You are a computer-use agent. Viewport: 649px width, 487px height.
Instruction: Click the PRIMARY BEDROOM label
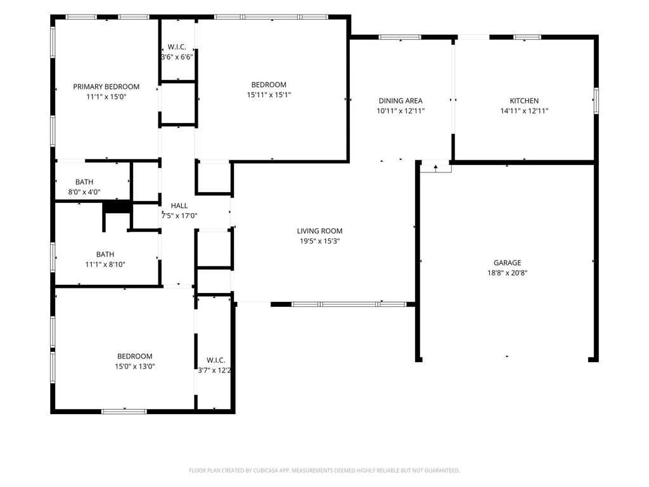tap(106, 86)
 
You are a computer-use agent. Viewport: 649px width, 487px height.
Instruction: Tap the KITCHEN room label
tap(524, 101)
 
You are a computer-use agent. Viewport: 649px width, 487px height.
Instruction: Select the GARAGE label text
tap(507, 263)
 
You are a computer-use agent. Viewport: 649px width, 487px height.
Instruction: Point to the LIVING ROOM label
tap(319, 231)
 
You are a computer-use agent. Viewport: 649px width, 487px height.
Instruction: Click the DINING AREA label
tap(401, 101)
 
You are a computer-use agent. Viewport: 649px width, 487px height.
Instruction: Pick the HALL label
tap(179, 205)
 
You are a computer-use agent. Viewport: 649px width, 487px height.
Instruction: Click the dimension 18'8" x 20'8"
tap(507, 273)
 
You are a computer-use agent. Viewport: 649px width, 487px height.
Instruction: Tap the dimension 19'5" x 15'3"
tap(319, 241)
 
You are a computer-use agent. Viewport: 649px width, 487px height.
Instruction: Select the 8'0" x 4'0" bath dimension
tap(84, 192)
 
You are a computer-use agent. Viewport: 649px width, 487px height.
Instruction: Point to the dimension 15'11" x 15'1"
tap(269, 95)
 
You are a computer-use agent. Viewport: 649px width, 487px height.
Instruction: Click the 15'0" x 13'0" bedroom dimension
tap(134, 367)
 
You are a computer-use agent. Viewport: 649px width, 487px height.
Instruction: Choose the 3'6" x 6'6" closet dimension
tap(177, 57)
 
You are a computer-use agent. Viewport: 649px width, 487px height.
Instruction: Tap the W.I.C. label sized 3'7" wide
tap(215, 360)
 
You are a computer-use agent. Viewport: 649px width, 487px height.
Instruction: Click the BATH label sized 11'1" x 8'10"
tap(105, 254)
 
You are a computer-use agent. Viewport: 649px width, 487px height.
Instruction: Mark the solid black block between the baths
tap(117, 207)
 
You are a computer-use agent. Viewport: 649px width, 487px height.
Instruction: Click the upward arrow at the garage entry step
tap(435, 167)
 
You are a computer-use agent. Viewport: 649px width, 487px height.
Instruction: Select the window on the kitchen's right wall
tap(596, 100)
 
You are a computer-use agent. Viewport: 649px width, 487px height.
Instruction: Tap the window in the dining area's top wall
tap(400, 37)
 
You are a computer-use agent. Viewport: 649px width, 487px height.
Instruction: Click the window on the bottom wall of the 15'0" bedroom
tap(124, 411)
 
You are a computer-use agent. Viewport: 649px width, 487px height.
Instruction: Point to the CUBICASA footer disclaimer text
tap(324, 471)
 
